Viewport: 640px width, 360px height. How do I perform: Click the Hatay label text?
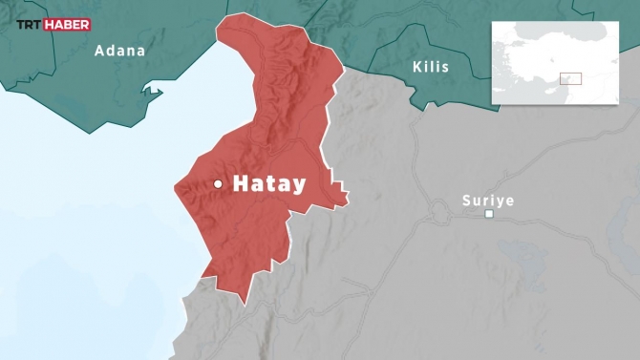pyautogui.click(x=269, y=183)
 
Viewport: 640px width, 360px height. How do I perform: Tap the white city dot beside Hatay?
pyautogui.click(x=219, y=183)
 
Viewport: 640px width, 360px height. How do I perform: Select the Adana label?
pyautogui.click(x=119, y=51)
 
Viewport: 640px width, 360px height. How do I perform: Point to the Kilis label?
pyautogui.click(x=430, y=67)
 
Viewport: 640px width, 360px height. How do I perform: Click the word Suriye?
pyautogui.click(x=487, y=201)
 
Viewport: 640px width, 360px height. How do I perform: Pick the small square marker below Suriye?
pyautogui.click(x=489, y=214)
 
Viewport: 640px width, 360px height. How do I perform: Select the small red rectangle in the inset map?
pyautogui.click(x=570, y=78)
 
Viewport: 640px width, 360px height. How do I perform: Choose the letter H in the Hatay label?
pyautogui.click(x=241, y=183)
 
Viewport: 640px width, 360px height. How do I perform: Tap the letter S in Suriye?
pyautogui.click(x=466, y=201)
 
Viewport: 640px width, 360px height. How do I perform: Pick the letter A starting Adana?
pyautogui.click(x=99, y=51)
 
